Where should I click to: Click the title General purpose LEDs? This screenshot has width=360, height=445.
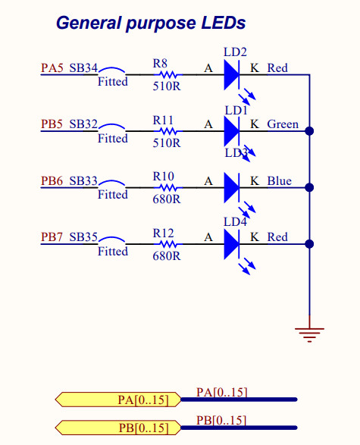click(x=151, y=24)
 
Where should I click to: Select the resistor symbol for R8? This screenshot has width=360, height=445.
click(x=167, y=75)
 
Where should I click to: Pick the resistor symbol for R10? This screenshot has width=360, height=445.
click(x=167, y=188)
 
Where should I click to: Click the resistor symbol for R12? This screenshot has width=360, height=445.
click(x=167, y=244)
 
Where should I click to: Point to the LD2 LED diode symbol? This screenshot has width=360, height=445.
click(x=232, y=75)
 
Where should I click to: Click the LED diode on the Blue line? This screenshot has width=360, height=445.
click(x=232, y=188)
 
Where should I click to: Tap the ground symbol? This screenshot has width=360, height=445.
click(x=309, y=331)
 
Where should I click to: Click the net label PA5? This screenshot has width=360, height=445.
click(x=52, y=68)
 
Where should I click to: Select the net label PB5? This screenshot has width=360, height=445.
click(x=52, y=124)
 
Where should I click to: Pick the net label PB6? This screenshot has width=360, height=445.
click(x=52, y=181)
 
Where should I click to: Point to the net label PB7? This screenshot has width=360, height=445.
click(x=52, y=237)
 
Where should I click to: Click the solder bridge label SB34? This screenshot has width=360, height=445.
click(x=83, y=68)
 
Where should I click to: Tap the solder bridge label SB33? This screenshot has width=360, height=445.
click(x=83, y=181)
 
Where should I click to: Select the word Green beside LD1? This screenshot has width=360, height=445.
click(x=283, y=124)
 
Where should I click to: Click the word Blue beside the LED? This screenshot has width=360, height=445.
click(x=279, y=181)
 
